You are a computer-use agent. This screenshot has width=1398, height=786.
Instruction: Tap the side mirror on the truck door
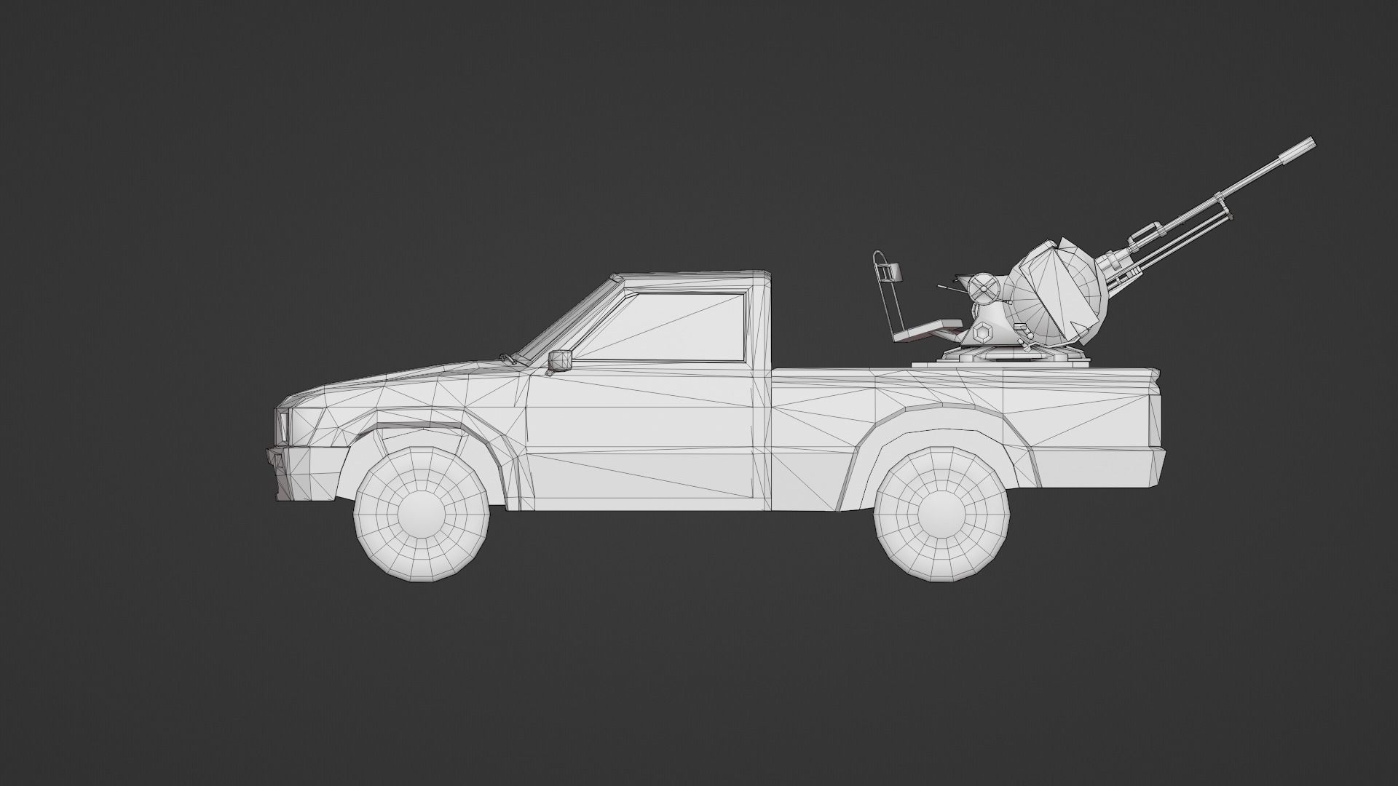[560, 360]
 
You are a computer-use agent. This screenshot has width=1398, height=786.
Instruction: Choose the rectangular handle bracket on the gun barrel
[1142, 234]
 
